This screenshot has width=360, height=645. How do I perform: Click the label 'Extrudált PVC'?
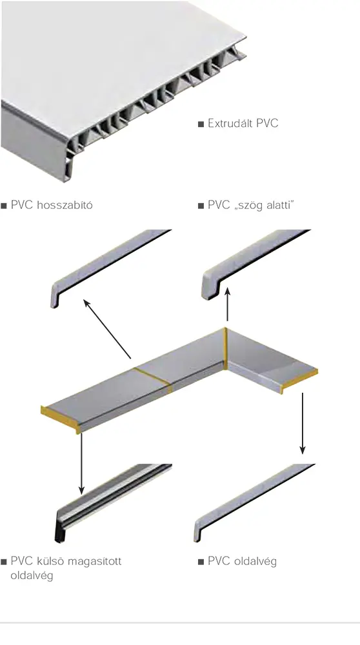pyautogui.click(x=243, y=123)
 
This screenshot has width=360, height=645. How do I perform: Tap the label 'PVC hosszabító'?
pyautogui.click(x=52, y=205)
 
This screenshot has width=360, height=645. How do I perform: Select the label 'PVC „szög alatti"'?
pyautogui.click(x=251, y=205)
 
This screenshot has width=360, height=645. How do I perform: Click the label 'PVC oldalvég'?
pyautogui.click(x=242, y=561)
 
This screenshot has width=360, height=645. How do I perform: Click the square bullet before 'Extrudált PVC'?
pyautogui.click(x=201, y=124)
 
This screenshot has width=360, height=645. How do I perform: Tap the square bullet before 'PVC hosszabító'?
pyautogui.click(x=4, y=206)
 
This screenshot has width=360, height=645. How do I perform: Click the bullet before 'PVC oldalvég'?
pyautogui.click(x=201, y=562)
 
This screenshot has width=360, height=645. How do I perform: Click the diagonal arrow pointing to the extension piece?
pyautogui.click(x=107, y=329)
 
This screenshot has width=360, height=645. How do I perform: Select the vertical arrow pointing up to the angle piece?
pyautogui.click(x=227, y=304)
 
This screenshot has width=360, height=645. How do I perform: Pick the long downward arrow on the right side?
pyautogui.click(x=303, y=424)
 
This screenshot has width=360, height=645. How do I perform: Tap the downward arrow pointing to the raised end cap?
pyautogui.click(x=81, y=464)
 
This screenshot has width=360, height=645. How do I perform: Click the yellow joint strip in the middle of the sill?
pyautogui.click(x=153, y=379)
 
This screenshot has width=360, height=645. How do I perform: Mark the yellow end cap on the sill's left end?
pyautogui.click(x=59, y=417)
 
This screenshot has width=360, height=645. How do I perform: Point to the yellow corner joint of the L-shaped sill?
pyautogui.click(x=225, y=348)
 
